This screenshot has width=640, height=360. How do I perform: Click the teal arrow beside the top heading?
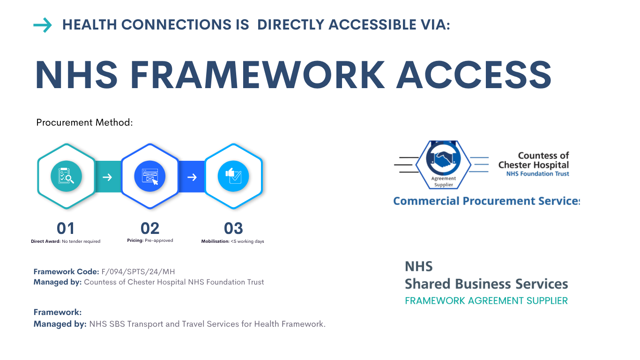tap(43, 25)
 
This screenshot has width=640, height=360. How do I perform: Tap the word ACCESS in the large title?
tap(473, 75)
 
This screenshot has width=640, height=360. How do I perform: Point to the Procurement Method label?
tap(85, 122)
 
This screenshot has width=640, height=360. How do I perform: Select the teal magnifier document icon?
tap(66, 177)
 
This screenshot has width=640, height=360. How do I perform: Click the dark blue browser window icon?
tap(150, 177)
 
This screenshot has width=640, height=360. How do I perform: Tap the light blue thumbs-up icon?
tap(233, 177)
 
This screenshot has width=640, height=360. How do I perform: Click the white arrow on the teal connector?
tap(107, 177)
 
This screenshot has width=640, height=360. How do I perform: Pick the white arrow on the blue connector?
tap(192, 177)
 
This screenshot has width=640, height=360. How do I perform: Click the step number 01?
tap(66, 229)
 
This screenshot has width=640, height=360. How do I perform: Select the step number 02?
tap(150, 229)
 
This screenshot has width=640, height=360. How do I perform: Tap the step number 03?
tap(233, 229)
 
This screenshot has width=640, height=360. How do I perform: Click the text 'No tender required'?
tap(81, 241)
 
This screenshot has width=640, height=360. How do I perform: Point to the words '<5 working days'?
tap(247, 241)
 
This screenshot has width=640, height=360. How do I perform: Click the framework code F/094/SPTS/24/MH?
tap(138, 271)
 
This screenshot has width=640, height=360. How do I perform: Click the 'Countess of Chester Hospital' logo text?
tap(534, 160)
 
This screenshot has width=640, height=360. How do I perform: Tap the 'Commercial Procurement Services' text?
tap(486, 201)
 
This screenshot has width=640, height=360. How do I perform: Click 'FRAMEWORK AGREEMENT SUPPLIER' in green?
tap(486, 300)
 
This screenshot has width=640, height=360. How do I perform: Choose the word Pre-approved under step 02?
tap(159, 240)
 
